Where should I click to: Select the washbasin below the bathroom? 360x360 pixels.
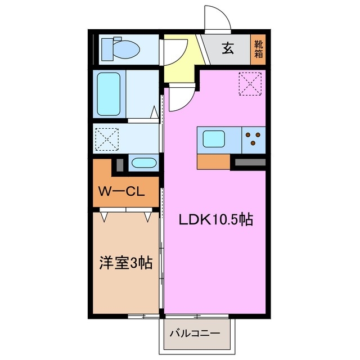pos(143,164)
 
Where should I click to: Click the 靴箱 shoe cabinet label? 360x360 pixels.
pos(258,49)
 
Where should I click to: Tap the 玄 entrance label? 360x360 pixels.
pos(227,49)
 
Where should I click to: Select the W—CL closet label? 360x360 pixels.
pos(122,191)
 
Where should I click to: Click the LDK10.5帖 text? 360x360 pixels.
pos(216,219)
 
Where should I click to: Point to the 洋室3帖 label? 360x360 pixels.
pos(126,263)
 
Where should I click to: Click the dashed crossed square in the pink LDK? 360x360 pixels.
pos(250,84)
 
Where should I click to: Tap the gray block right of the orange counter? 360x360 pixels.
pos(249,163)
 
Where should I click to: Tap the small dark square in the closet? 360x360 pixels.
pos(119,165)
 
